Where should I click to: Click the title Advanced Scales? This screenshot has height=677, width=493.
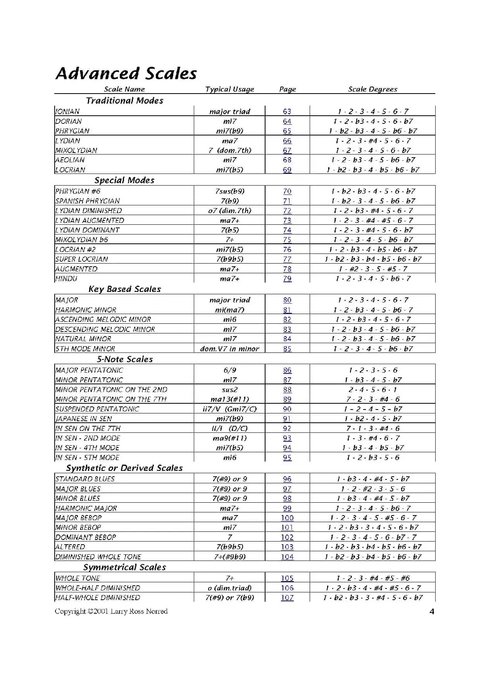point(126,73)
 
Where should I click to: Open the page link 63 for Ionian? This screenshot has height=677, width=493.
point(287,111)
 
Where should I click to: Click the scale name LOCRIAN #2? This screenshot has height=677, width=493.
point(76,250)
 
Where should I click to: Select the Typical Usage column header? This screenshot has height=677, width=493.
point(229,89)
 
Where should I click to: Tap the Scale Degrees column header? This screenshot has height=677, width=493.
point(372,89)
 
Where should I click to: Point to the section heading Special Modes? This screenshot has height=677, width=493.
point(124,180)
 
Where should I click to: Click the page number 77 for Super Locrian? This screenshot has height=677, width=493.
point(287,259)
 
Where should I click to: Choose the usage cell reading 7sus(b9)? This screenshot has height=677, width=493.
point(230,191)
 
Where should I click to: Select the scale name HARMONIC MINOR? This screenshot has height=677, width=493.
point(86,310)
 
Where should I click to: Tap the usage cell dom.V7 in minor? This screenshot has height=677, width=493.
point(229,349)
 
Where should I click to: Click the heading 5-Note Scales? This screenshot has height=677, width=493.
point(125,359)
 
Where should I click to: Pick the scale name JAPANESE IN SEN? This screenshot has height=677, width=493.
point(83,419)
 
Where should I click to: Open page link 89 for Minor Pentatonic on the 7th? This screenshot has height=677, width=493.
point(287,399)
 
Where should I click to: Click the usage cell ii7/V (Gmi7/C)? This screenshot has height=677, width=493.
point(229,409)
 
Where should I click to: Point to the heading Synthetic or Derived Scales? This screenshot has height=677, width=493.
point(124,468)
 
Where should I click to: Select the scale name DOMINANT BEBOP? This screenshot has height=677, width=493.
point(86,537)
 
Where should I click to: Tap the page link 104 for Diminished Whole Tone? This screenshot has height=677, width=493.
point(287,557)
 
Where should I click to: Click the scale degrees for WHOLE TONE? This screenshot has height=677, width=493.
point(372,578)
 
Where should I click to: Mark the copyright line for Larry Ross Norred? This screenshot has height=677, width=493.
point(111,611)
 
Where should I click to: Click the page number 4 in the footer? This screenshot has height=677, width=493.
point(432,612)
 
